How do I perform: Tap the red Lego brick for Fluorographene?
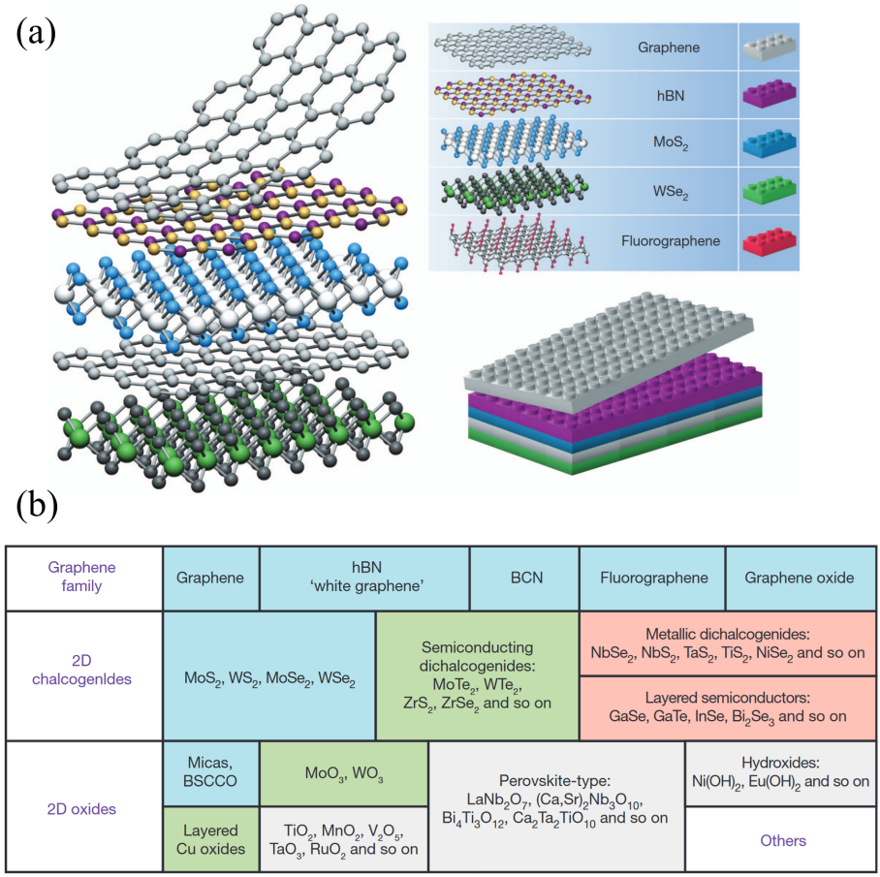[770, 241]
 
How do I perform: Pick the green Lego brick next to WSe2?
[770, 193]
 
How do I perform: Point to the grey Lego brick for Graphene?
[770, 47]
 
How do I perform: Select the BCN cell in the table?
[524, 578]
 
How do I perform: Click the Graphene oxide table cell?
[800, 578]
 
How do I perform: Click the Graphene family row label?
[83, 578]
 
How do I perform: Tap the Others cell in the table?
[782, 840]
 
